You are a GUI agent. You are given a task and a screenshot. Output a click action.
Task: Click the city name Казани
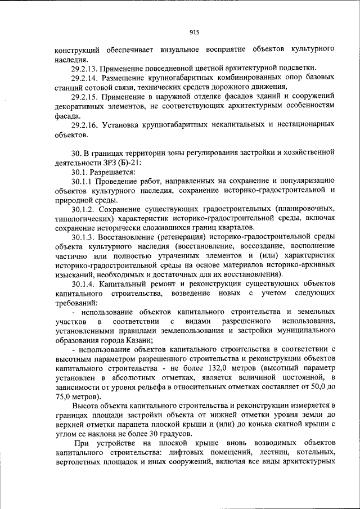137,340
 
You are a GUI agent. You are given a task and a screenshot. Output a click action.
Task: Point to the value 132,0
187,368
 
